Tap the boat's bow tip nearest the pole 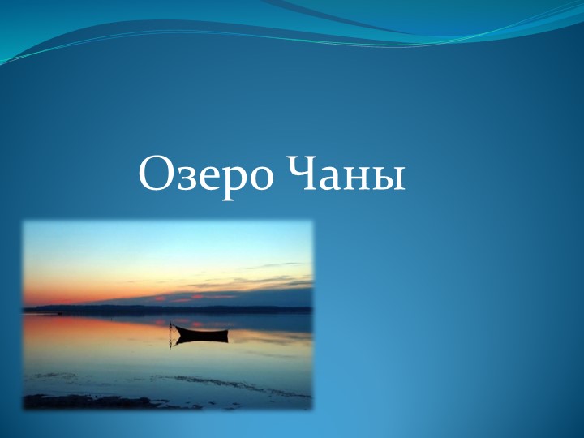click(x=178, y=328)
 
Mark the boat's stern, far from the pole click(x=226, y=329)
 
